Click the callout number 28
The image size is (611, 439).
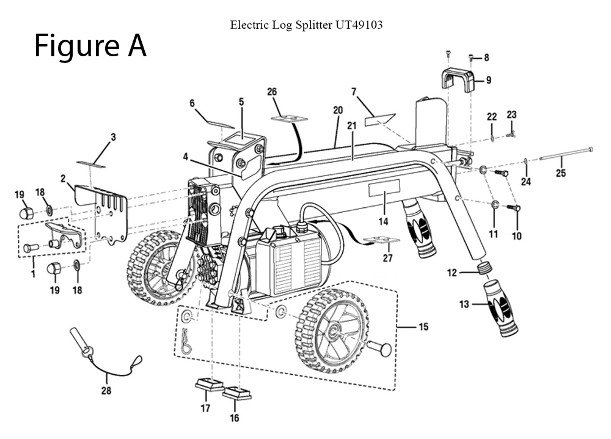coord(106,391)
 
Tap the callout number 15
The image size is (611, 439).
coord(422,328)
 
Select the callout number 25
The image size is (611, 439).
coord(560,174)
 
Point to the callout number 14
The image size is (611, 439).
coord(383,222)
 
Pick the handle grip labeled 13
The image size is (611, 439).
coord(501,309)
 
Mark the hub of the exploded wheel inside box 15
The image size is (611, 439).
coord(335,334)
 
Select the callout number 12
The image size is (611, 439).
coord(452,273)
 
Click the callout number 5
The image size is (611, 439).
coord(241,101)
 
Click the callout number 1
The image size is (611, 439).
coord(33,276)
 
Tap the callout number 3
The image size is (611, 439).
coord(113,137)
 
